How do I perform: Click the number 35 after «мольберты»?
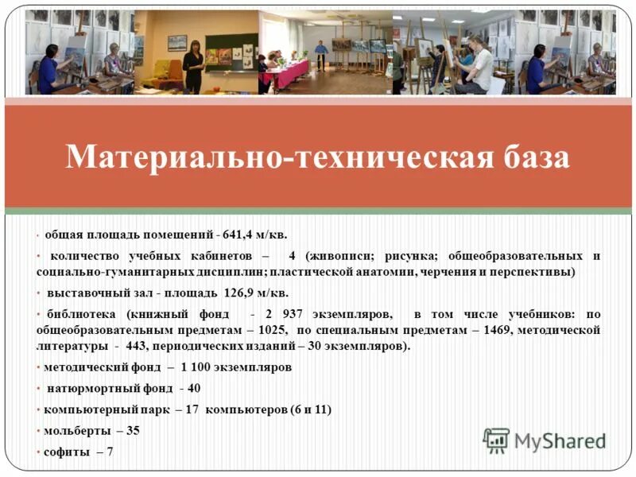click(133, 430)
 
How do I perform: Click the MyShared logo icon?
click(496, 440)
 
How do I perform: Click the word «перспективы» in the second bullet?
click(539, 272)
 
